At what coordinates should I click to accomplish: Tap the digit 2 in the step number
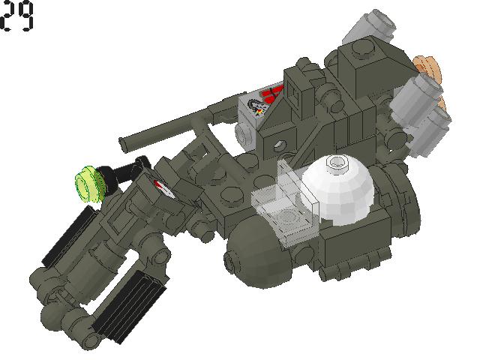pyautogui.click(x=9, y=16)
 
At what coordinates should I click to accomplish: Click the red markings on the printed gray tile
pyautogui.click(x=272, y=95)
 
